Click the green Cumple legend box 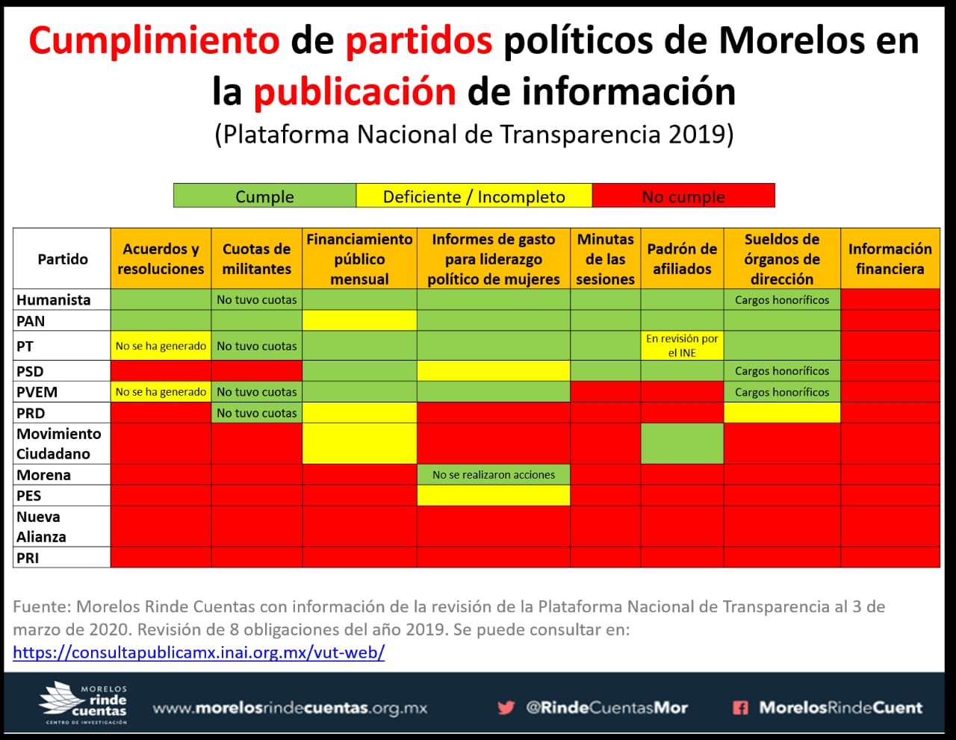[x=264, y=196]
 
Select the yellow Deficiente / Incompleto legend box [x=474, y=196]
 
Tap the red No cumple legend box [x=683, y=196]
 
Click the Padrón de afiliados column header [x=682, y=258]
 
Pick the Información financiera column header [x=890, y=258]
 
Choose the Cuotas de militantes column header [x=256, y=258]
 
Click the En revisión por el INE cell [x=682, y=346]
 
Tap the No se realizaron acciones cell [x=493, y=475]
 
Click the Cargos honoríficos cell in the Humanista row [x=781, y=300]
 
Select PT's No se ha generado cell [x=161, y=346]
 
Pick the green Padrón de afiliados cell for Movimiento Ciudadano [x=682, y=444]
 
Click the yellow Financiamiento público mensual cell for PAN [x=359, y=321]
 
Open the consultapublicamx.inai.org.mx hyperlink [x=199, y=653]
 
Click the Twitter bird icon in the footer [x=506, y=707]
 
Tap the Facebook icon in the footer [x=740, y=707]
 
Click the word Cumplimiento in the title [x=154, y=40]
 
